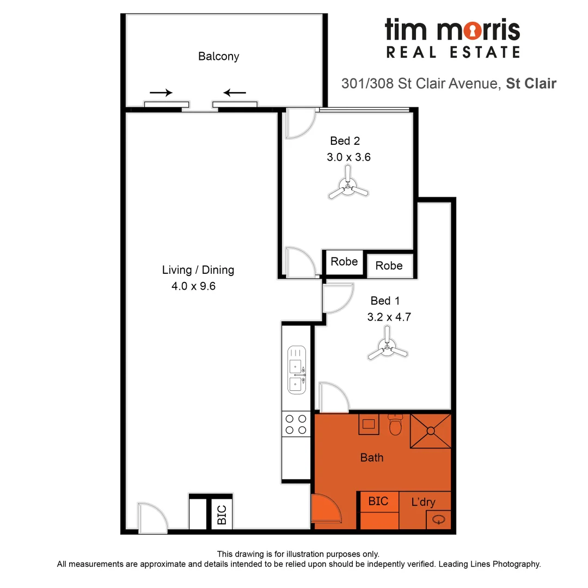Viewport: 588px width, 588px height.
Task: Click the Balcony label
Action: [218, 56]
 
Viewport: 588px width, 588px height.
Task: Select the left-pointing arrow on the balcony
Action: [235, 93]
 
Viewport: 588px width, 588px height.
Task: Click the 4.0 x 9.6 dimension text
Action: [193, 286]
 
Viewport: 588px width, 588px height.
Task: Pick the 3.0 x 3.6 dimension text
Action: [349, 157]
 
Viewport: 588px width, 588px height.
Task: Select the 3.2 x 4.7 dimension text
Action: [388, 317]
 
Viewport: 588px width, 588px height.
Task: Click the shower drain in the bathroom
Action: [431, 431]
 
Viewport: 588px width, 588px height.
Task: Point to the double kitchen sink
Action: [296, 370]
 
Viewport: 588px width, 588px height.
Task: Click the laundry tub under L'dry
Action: [439, 519]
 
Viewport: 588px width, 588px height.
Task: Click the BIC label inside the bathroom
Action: [378, 501]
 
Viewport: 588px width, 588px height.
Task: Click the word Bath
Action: [372, 457]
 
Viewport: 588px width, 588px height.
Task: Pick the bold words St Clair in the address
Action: [531, 84]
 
